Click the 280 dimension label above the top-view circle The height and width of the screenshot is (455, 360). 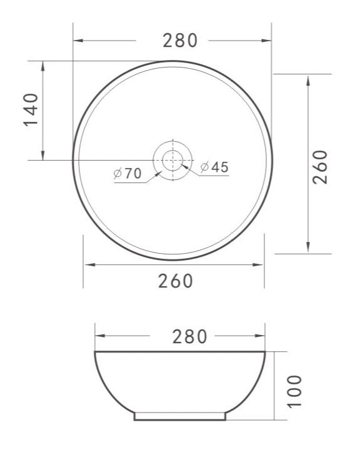pos(180,41)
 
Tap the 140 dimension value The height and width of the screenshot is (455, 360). pos(31,109)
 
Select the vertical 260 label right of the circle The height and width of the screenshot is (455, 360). pos(319,166)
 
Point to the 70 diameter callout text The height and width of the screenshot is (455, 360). pos(133,173)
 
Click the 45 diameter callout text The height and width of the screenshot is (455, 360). pos(219,167)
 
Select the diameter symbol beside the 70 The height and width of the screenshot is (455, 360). pos(118,173)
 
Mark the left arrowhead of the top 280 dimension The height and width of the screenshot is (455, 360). pos(77,41)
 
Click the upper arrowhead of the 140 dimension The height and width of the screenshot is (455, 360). pos(42,65)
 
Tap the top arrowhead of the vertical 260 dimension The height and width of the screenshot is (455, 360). pos(309,78)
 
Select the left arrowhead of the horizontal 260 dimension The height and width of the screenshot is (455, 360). pos(89,264)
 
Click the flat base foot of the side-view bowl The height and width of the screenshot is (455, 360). pos(180,415)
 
